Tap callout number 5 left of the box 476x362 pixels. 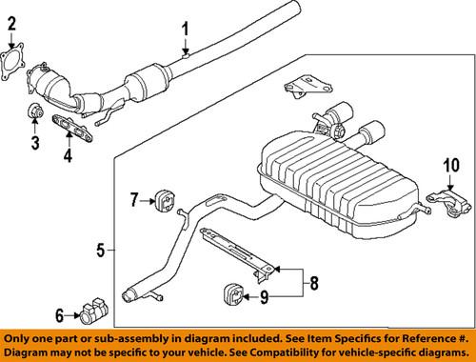coord(99,251)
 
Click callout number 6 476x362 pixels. coord(59,314)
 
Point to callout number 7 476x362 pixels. coord(133,199)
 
